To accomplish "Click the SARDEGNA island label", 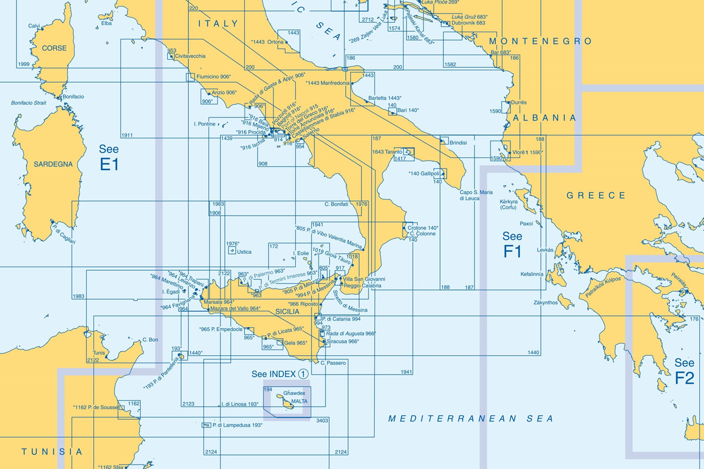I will point(53,164).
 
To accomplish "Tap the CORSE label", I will point(50,48).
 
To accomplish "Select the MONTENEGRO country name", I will point(540,42).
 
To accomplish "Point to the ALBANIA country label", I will point(545,118).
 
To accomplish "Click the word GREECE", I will point(596,196).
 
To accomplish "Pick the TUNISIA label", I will point(52,452).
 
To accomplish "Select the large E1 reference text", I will point(109,165).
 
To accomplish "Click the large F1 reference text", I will point(512,252).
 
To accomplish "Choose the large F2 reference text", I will point(684,378).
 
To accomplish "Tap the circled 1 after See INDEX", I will point(303,373).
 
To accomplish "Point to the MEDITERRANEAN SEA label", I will point(471,419).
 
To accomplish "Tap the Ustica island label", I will point(243,252).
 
